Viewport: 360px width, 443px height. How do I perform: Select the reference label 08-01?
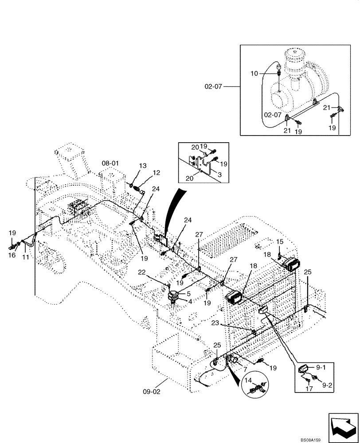[110, 163]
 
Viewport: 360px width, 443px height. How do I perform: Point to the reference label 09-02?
[152, 391]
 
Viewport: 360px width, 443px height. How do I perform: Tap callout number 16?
[12, 255]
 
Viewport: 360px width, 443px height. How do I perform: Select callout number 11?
[26, 257]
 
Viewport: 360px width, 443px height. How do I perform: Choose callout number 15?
[280, 241]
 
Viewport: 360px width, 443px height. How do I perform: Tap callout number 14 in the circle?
[247, 380]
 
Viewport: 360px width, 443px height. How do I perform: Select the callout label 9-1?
[320, 367]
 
